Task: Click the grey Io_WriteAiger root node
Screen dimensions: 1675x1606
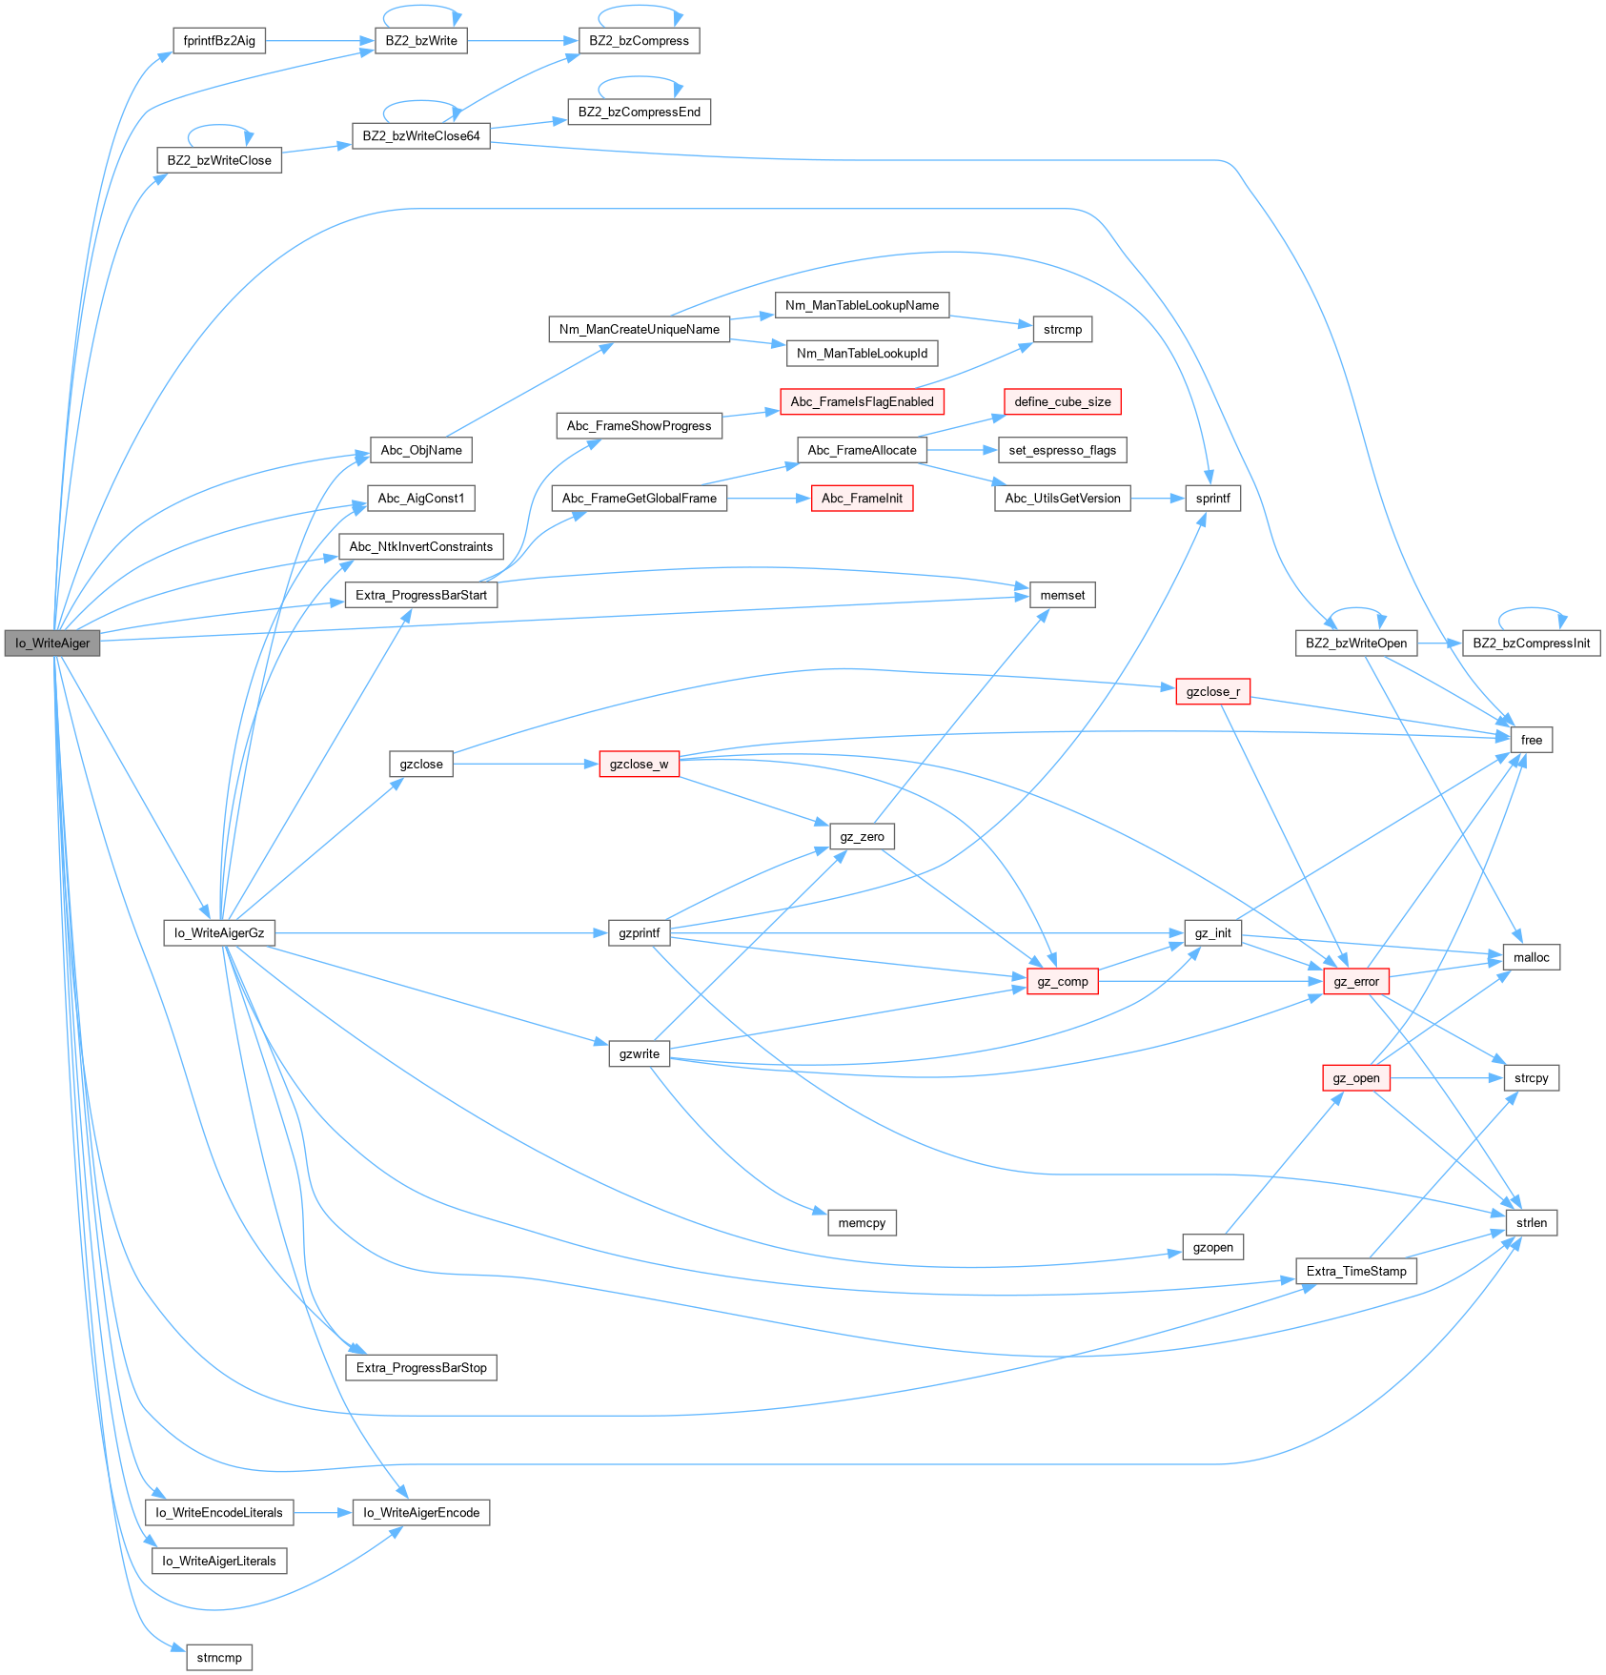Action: coord(52,643)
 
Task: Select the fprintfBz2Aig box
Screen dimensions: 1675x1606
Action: coord(219,41)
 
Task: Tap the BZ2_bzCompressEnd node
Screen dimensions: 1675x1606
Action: coord(639,112)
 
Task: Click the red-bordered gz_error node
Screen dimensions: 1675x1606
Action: coord(1355,982)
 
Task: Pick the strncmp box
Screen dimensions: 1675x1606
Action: coord(219,1658)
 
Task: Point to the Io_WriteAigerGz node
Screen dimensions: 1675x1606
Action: coord(219,933)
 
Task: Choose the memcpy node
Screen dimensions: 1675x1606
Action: coord(862,1223)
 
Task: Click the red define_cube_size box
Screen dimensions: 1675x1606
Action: coord(1062,402)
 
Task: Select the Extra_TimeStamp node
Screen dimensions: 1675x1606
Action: coord(1355,1272)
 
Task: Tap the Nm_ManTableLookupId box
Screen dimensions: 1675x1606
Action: coord(862,354)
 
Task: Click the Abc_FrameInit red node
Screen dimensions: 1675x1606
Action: coord(862,499)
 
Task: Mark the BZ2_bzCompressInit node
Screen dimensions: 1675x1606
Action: coord(1531,643)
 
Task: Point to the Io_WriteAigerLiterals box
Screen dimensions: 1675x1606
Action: coord(219,1562)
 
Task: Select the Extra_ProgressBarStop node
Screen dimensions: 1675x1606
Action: coord(420,1368)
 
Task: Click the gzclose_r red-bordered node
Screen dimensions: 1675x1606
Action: coord(1212,692)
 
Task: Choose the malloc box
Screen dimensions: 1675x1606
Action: coord(1531,958)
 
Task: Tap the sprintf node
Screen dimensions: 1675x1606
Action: coord(1212,499)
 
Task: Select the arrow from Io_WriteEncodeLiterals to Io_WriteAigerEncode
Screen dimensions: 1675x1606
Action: coord(323,1513)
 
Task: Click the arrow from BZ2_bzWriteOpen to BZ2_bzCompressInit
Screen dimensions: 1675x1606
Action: coord(1439,643)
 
